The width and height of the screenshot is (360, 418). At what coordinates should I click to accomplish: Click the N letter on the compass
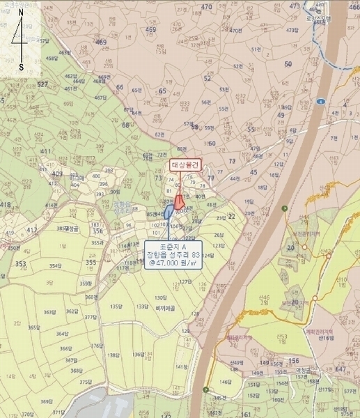tap(21, 12)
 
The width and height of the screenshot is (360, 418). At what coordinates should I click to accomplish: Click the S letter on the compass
tap(21, 67)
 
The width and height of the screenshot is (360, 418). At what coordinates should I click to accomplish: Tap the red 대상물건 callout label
tap(185, 166)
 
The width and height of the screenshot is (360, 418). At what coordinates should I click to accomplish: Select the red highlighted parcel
tap(179, 202)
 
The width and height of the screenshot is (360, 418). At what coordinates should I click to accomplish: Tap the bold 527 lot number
tap(43, 84)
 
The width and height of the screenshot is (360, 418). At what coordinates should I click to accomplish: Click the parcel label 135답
tap(116, 306)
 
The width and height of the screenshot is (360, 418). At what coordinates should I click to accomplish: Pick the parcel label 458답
tap(320, 21)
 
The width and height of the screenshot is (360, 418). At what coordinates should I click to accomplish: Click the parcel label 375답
tap(85, 382)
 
